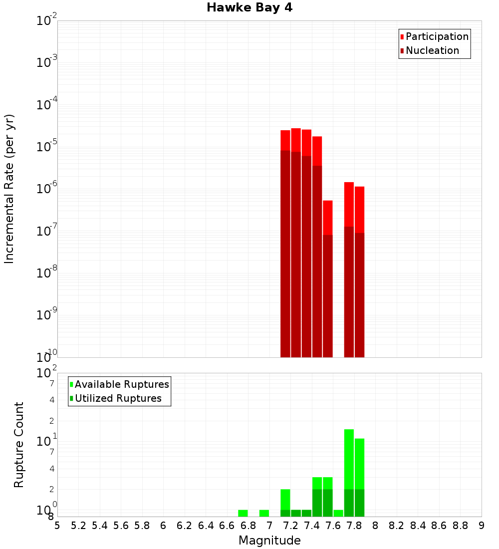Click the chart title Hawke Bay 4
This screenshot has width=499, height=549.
click(249, 8)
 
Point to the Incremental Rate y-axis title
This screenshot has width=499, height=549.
click(9, 189)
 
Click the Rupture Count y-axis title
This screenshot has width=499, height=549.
click(19, 445)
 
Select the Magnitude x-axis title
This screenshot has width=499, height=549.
click(269, 541)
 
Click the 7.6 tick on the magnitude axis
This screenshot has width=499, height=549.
click(333, 526)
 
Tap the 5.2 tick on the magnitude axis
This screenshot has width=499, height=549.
click(78, 526)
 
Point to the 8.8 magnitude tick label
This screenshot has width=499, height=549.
click(460, 526)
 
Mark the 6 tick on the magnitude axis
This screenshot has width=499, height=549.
click(163, 526)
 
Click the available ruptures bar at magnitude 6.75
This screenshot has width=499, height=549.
click(243, 513)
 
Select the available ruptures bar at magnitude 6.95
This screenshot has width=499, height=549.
click(264, 513)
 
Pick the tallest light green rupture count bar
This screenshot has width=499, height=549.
click(349, 459)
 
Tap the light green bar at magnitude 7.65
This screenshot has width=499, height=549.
click(338, 513)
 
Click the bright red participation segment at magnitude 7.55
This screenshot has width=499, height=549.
click(328, 217)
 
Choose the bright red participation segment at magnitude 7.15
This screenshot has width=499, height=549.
click(285, 140)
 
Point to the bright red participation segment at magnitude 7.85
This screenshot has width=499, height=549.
click(359, 210)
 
